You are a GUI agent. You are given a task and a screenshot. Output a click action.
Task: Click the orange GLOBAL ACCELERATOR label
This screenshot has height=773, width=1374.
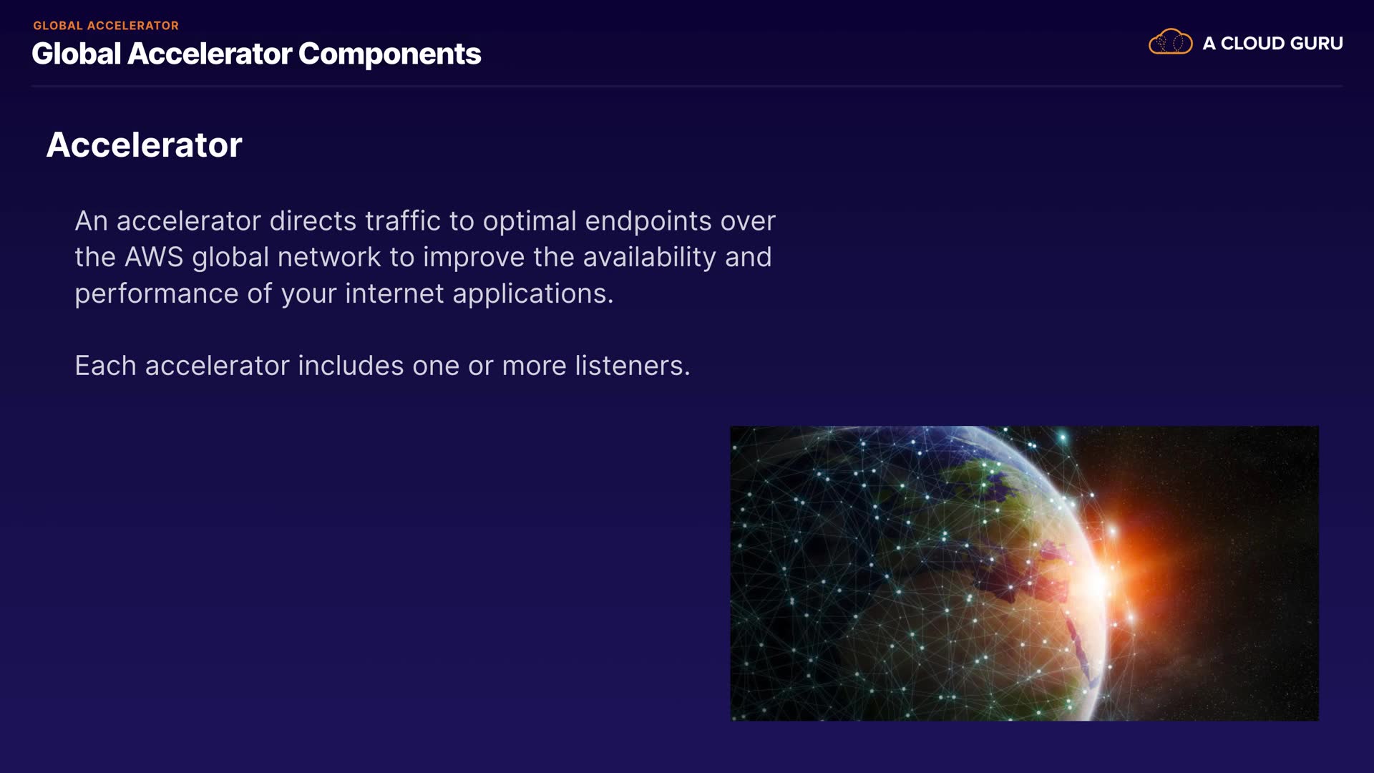point(106,26)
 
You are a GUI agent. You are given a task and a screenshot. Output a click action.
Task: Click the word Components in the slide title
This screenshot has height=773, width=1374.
point(389,54)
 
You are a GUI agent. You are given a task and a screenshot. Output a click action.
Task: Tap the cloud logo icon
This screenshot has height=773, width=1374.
point(1170,42)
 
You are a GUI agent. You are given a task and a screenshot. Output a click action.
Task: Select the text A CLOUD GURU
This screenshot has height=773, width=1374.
point(1272,44)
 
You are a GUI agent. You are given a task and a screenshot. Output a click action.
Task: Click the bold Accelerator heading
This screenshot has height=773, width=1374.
point(145,145)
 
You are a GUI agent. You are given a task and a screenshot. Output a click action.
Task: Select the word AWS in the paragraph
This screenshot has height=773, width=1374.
point(154,257)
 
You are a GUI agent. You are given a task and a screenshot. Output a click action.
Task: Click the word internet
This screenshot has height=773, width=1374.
point(394,293)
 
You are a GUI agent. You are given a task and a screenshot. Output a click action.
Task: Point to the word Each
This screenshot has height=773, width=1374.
point(105,366)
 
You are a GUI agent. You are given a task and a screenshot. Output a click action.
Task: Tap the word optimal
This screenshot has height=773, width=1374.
point(530,222)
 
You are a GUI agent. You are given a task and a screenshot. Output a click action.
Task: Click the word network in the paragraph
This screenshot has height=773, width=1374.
point(329,258)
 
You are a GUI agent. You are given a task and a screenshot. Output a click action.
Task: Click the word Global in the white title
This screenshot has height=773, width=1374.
point(77,54)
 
